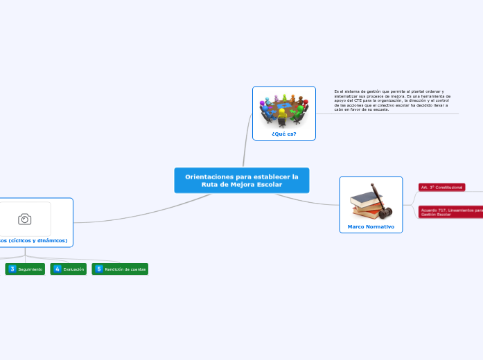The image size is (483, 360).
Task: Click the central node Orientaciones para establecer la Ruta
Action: point(241,181)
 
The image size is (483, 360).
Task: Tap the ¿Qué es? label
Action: point(284,134)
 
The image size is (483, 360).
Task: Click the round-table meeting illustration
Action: point(284,109)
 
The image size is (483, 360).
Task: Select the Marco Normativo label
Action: point(371,226)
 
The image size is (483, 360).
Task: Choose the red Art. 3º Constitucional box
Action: point(441,188)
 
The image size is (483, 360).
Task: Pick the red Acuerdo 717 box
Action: point(450,213)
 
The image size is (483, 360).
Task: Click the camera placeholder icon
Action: point(25,219)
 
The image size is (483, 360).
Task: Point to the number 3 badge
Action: point(12,269)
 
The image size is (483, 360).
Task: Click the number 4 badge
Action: point(58,269)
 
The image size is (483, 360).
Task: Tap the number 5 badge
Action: point(99,269)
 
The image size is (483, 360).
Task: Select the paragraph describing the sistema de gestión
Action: point(392,100)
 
